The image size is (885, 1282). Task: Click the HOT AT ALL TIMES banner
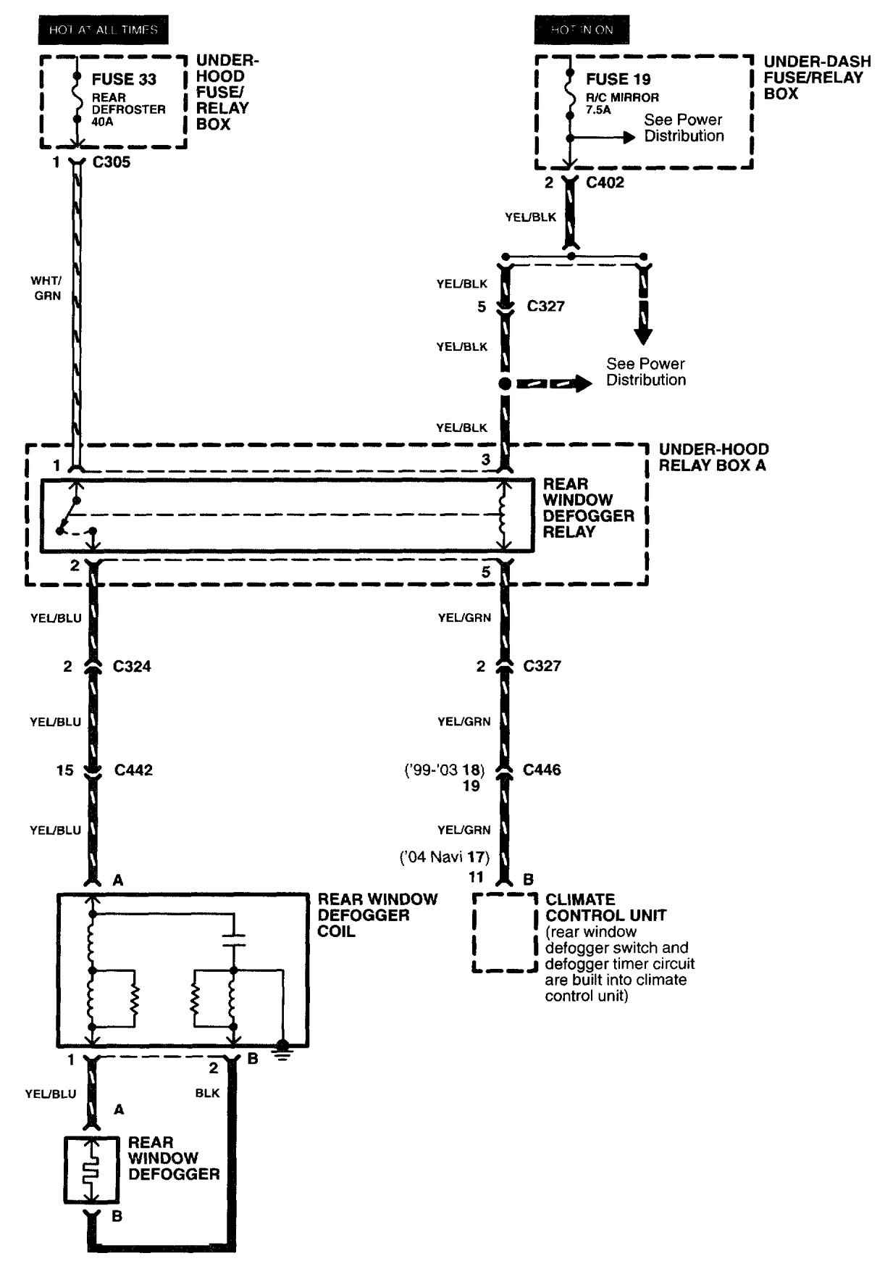103,30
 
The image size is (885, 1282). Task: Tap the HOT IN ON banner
582,30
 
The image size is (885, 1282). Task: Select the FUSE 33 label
124,80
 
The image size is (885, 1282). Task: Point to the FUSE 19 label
618,80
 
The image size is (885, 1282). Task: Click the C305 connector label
112,162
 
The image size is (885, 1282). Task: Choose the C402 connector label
605,183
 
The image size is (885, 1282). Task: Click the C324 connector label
132,666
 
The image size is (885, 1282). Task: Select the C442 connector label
133,770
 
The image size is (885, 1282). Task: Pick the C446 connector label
542,770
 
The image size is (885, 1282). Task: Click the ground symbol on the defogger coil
283,1049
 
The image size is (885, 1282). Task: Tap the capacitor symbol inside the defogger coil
233,940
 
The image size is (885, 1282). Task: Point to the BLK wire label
207,1093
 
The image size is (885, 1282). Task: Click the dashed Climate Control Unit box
505,932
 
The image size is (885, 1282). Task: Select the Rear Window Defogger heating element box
91,1170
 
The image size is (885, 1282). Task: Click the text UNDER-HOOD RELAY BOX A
713,457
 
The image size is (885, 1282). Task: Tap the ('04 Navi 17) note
445,857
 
